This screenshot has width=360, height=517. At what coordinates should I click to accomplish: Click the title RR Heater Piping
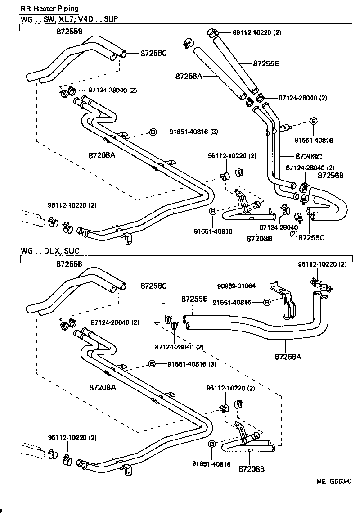tap(49, 9)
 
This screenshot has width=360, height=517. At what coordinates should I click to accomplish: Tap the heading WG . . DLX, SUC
tap(50, 251)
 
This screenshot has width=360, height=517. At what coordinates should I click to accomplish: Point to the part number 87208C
tap(309, 156)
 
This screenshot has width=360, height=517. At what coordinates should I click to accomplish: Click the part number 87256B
tap(331, 176)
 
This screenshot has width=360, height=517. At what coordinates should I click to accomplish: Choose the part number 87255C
tap(311, 237)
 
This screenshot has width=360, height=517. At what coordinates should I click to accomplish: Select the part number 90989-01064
tap(236, 286)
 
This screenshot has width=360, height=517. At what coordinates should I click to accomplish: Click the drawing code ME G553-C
tap(333, 481)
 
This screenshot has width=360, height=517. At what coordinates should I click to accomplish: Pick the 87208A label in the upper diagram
tap(102, 155)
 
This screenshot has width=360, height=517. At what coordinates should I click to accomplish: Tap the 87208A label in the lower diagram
tap(102, 387)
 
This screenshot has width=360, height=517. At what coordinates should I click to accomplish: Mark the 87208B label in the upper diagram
tap(259, 238)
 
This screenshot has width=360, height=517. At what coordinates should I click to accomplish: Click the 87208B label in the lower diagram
tap(252, 469)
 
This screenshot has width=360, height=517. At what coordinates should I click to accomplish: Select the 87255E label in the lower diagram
tap(194, 299)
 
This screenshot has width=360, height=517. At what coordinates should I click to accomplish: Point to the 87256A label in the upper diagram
tap(189, 77)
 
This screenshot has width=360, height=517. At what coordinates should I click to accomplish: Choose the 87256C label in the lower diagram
tap(153, 286)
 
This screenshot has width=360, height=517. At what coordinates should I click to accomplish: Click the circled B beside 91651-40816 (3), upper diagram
tap(153, 132)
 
